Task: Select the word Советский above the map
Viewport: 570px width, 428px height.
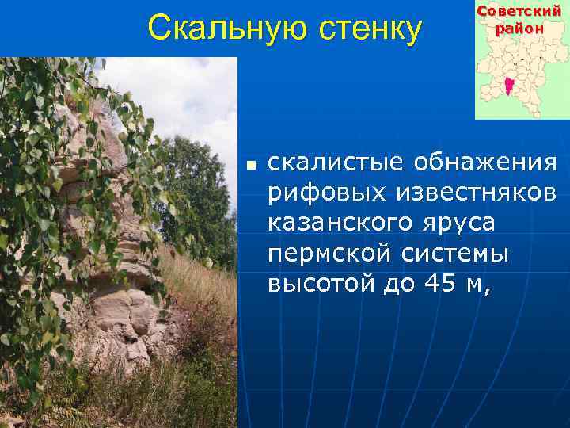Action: point(520,11)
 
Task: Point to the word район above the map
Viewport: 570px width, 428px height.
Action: point(520,28)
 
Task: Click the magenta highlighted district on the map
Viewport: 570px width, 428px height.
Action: point(508,85)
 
